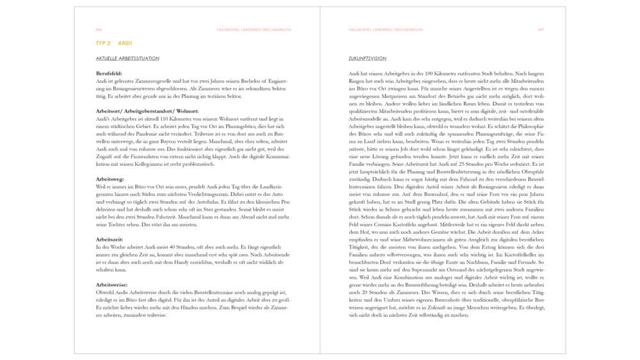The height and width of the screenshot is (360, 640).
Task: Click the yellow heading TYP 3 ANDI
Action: pyautogui.click(x=113, y=44)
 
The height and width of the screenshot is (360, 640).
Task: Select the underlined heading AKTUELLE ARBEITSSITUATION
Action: pyautogui.click(x=127, y=59)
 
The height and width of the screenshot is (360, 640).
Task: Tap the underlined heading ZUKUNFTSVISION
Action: pyautogui.click(x=363, y=59)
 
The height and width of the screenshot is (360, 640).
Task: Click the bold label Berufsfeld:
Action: pyautogui.click(x=109, y=74)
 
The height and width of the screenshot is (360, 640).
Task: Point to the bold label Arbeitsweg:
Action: pyautogui.click(x=110, y=179)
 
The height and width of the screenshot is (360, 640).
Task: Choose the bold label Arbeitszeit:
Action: pyautogui.click(x=110, y=239)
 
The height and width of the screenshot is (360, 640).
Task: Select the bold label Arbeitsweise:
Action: pyautogui.click(x=111, y=284)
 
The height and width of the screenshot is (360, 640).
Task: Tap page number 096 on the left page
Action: pyautogui.click(x=99, y=29)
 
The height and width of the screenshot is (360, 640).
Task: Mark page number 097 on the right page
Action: pyautogui.click(x=541, y=29)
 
